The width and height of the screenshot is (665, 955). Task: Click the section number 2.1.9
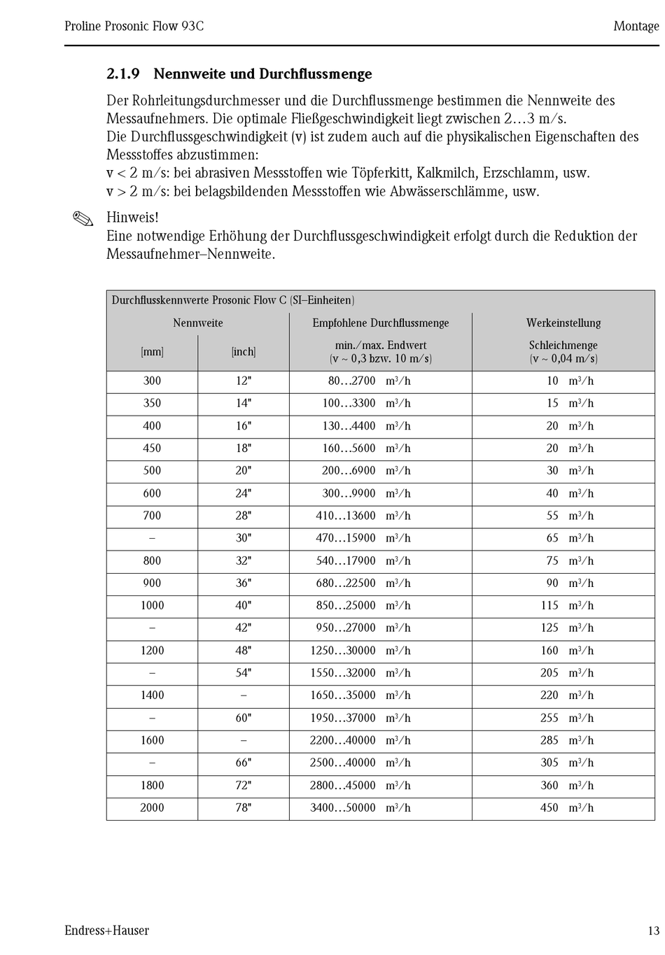point(123,74)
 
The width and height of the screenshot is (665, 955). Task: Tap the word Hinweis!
point(132,218)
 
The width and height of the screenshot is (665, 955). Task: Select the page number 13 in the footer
point(653,931)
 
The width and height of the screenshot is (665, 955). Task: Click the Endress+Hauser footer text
point(106,931)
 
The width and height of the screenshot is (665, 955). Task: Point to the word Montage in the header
point(636,27)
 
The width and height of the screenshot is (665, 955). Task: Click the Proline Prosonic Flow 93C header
point(134,27)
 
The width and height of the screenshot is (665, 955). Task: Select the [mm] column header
point(152,352)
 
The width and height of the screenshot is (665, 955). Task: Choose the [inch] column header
point(244,352)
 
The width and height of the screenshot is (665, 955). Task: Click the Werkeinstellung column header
point(563,323)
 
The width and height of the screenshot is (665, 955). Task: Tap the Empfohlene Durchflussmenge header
point(381,323)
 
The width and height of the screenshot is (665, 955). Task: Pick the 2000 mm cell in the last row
point(152,807)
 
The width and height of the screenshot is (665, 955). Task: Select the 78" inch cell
point(244,807)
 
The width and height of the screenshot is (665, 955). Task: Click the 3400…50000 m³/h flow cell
point(360,807)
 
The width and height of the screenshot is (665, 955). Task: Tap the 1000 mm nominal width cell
point(152,605)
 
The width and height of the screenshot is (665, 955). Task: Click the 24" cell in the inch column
point(244,493)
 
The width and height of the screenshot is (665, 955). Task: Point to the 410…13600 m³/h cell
point(363,516)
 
